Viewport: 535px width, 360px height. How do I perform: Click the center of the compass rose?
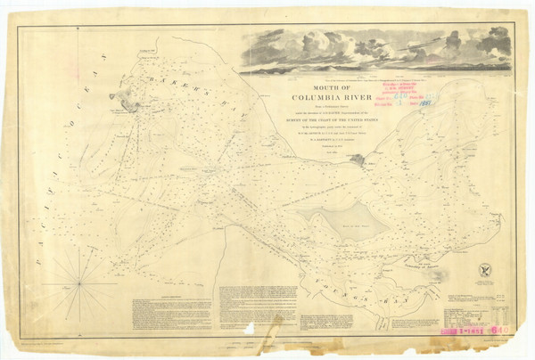(79, 282)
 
